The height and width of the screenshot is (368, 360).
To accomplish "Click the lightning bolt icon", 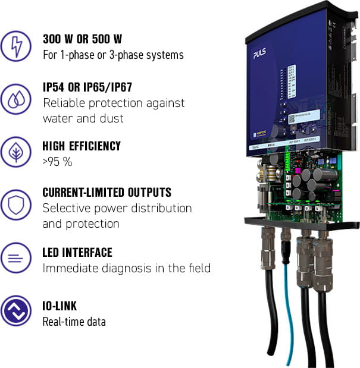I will pos(17,46).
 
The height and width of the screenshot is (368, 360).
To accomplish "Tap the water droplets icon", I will pos(17,98).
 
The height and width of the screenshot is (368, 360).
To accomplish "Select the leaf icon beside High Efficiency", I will pos(17,152).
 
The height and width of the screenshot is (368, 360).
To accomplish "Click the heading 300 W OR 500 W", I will pos(82,39).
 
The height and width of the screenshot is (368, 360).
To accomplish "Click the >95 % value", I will pos(57,161).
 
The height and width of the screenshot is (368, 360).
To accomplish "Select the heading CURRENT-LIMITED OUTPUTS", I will pos(107,193).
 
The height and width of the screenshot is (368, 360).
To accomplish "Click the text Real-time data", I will pos(74,322).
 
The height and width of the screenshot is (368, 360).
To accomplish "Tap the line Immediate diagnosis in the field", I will pos(126,268).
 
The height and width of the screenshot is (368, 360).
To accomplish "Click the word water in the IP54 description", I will pos(57,118).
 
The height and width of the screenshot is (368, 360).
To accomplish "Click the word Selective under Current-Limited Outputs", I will pos(65,209).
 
